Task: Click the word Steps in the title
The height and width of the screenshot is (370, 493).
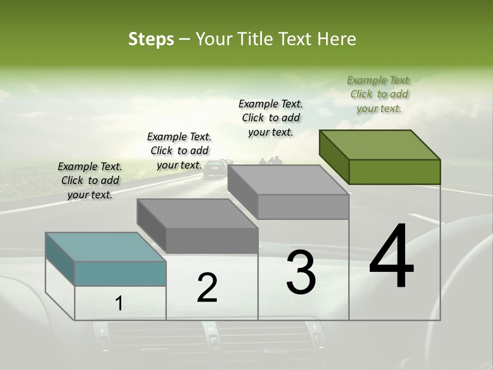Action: pyautogui.click(x=151, y=39)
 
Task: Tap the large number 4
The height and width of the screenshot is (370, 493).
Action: pyautogui.click(x=391, y=257)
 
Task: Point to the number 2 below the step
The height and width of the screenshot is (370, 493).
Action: pyautogui.click(x=207, y=288)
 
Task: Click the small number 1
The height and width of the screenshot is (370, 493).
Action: pyautogui.click(x=119, y=304)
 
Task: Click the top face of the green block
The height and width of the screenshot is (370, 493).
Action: pyautogui.click(x=380, y=145)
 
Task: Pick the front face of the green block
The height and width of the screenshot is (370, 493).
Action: pyautogui.click(x=394, y=172)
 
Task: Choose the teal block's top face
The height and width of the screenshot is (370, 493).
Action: pyautogui.click(x=105, y=247)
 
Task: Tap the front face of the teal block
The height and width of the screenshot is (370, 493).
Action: pyautogui.click(x=120, y=273)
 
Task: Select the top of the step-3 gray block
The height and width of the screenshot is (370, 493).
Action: pyautogui.click(x=288, y=180)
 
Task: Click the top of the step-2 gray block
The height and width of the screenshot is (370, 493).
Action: pyautogui.click(x=197, y=213)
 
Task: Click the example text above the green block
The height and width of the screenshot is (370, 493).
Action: pyautogui.click(x=379, y=95)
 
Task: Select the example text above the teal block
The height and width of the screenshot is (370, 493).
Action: pyautogui.click(x=90, y=180)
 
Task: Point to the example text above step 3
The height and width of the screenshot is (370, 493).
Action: pyautogui.click(x=271, y=118)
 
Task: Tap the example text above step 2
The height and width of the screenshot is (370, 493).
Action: pyautogui.click(x=179, y=151)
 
